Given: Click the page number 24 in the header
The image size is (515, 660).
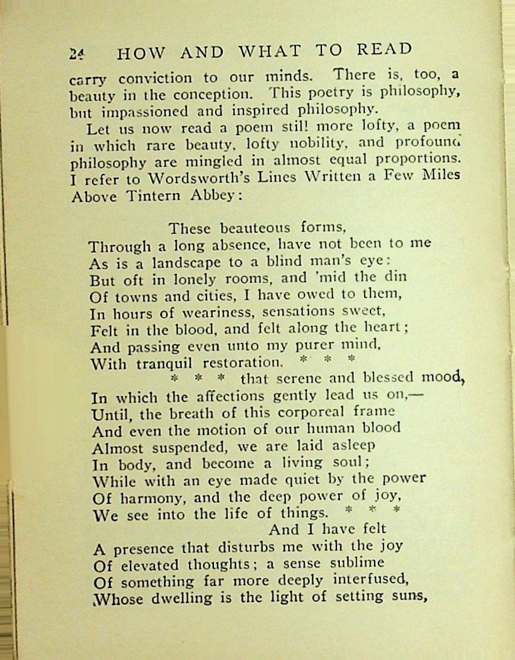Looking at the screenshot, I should (77, 53).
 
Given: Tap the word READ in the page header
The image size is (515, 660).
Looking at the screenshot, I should (384, 50).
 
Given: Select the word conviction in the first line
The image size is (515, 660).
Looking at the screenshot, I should (155, 78).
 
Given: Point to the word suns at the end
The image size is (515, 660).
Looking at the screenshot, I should (405, 596).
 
